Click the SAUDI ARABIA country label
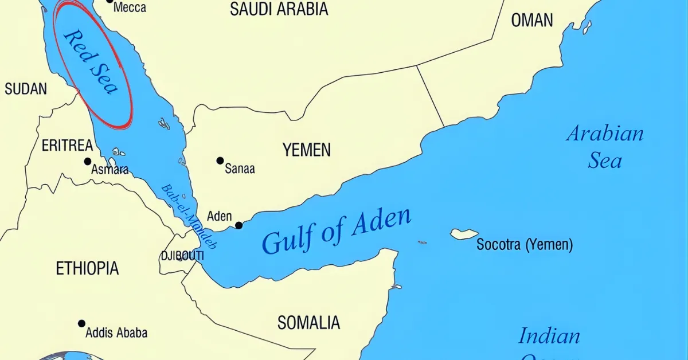tap(279, 9)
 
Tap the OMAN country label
tap(532, 20)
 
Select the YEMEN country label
tap(306, 150)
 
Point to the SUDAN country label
tap(26, 89)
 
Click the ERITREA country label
tap(67, 146)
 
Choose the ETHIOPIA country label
tap(87, 268)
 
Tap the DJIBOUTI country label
tap(182, 256)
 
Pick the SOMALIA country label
tap(308, 323)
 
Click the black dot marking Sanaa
tap(220, 161)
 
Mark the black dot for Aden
tap(239, 225)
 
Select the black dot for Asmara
tap(88, 162)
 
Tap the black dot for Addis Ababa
tap(82, 323)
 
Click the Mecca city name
tap(130, 7)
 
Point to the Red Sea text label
tap(91, 61)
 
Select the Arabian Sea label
tap(605, 147)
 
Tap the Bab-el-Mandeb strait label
tap(189, 216)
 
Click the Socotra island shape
tap(464, 234)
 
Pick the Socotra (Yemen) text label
tap(525, 245)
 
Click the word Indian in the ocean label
tap(549, 336)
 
